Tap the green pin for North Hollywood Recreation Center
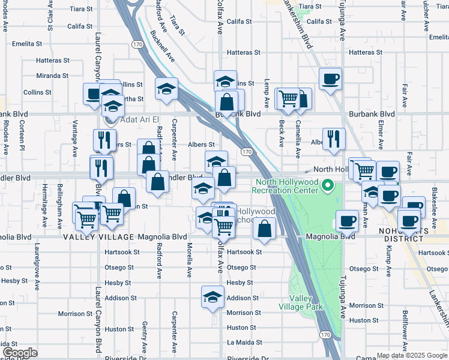tap(327, 186)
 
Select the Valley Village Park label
tap(301, 302)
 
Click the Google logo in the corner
tap(20, 353)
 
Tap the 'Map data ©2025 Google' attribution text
tap(412, 355)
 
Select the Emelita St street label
tap(27, 44)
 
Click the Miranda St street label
tap(52, 76)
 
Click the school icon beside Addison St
tap(212, 297)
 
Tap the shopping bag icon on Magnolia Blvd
tap(264, 229)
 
